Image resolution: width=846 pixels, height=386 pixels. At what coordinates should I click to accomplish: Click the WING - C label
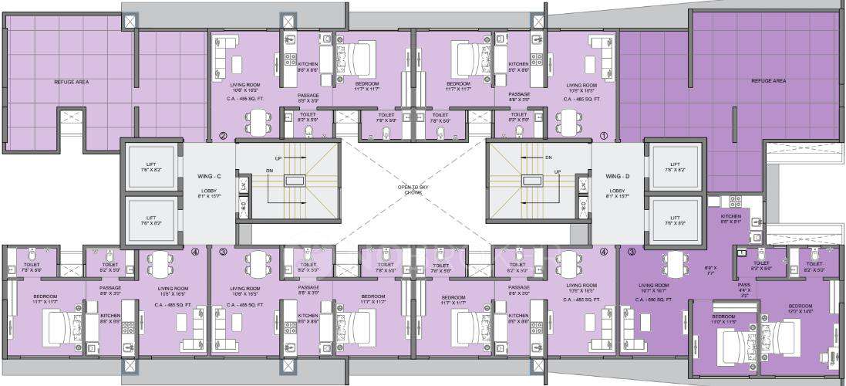pyautogui.click(x=209, y=176)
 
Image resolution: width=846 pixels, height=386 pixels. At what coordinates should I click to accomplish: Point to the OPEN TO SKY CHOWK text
pyautogui.click(x=413, y=189)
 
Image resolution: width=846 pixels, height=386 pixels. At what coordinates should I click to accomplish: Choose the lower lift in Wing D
pyautogui.click(x=675, y=221)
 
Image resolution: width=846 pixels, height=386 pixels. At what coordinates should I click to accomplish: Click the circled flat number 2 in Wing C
pyautogui.click(x=222, y=137)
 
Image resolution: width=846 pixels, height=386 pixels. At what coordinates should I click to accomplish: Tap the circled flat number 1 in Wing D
pyautogui.click(x=604, y=137)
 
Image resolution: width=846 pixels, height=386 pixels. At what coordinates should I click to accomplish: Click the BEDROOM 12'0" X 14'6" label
pyautogui.click(x=800, y=308)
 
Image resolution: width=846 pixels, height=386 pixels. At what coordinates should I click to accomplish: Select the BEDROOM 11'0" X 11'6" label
pyautogui.click(x=723, y=319)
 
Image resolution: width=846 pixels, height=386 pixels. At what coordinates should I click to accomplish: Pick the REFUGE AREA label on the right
pyautogui.click(x=768, y=80)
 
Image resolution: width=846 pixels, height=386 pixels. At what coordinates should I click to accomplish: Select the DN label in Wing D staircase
pyautogui.click(x=548, y=157)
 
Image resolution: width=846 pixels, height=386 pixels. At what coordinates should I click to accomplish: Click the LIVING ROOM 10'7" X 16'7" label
pyautogui.click(x=653, y=287)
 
